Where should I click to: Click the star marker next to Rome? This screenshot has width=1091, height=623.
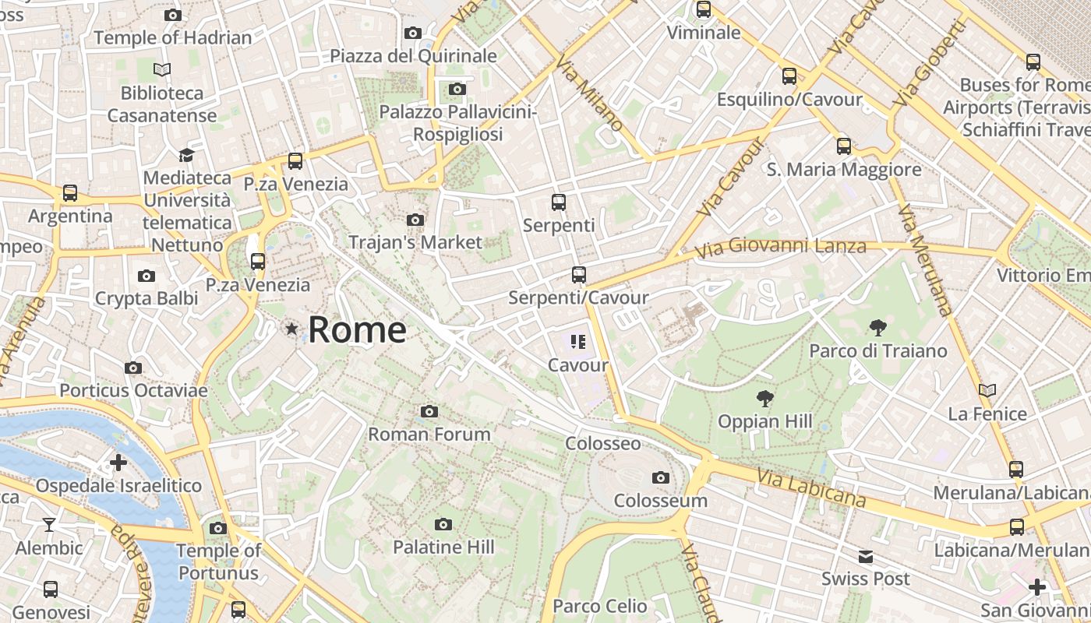click(291, 329)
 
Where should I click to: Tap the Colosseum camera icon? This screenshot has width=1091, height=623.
click(661, 477)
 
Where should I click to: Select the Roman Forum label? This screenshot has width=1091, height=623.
click(429, 434)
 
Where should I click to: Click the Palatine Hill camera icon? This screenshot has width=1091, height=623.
click(443, 524)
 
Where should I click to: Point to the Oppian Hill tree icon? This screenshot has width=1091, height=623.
click(765, 399)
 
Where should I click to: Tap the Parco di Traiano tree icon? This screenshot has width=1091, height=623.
click(878, 328)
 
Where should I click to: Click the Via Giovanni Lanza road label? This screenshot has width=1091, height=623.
click(780, 248)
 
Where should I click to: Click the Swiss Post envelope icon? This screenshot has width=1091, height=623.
click(866, 557)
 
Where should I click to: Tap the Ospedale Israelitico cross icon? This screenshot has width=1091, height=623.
click(118, 463)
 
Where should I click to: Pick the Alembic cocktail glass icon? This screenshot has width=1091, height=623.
click(49, 525)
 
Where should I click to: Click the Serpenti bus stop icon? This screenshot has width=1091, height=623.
click(559, 202)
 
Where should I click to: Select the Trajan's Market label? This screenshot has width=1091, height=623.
click(415, 242)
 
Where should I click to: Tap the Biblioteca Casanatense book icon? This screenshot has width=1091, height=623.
click(162, 70)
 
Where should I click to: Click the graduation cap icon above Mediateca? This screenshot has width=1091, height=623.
click(186, 155)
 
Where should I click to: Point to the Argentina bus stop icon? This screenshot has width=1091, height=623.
click(70, 192)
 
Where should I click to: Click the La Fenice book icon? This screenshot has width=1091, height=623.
click(987, 391)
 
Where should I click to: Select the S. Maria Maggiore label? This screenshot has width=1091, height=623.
click(843, 169)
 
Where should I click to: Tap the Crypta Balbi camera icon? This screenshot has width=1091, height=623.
click(146, 276)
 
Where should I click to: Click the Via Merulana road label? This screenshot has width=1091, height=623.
click(925, 261)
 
